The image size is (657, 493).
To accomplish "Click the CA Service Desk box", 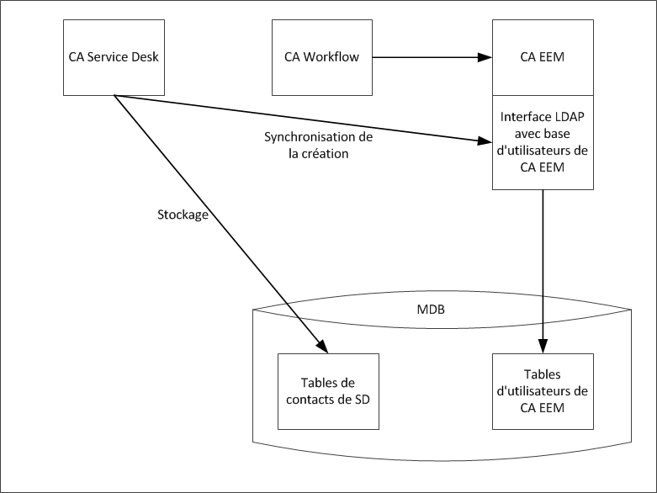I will pos(114,57).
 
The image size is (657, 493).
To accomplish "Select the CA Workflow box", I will pos(321,57).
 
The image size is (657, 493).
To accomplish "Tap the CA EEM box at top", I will pos(543,57).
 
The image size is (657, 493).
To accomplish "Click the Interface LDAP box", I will pos(543,142).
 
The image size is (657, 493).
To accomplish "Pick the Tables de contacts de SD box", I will pos(328,391).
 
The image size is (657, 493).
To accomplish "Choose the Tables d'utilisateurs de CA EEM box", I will pos(543,391).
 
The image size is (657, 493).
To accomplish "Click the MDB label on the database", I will pos(431,310).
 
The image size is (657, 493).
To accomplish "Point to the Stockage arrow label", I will pos(183,214).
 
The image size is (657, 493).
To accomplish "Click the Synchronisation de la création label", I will pos(318,145).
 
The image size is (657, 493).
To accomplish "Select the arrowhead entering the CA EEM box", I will pos(485,58).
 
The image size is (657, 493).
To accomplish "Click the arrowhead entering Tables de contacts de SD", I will pos(321,346).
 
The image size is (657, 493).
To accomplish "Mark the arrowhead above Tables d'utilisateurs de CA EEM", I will pos(543,346).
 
